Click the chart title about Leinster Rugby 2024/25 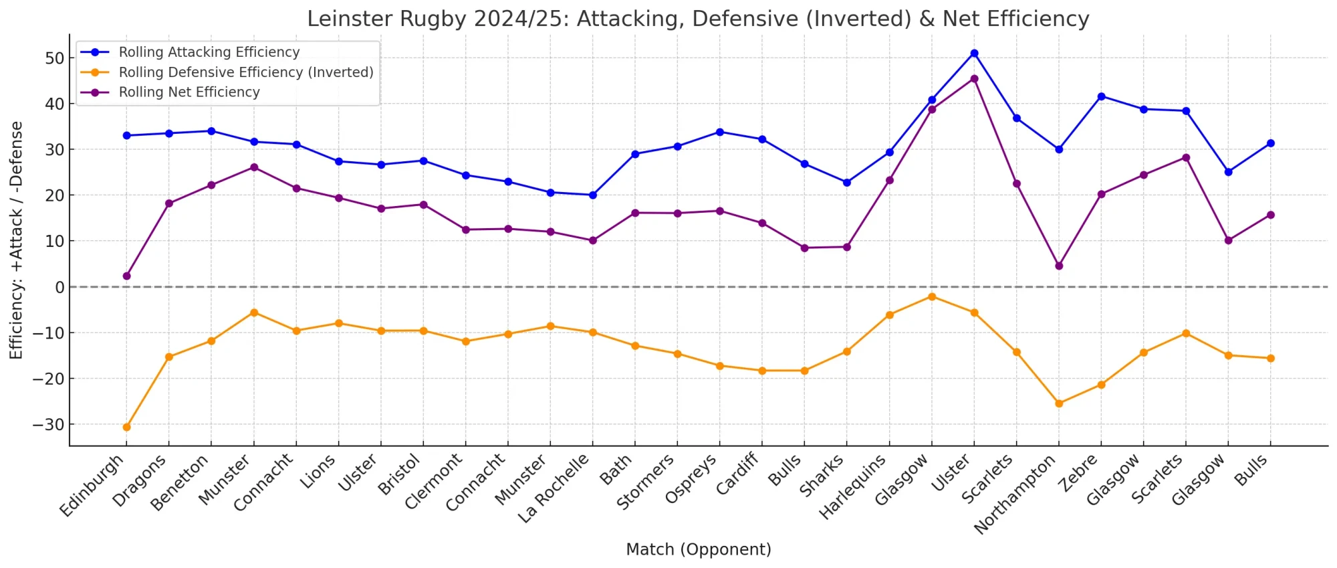coord(698,19)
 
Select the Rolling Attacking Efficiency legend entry coord(209,52)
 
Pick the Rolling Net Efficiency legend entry coord(189,92)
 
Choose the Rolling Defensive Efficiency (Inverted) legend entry coord(246,72)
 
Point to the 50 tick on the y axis coord(55,58)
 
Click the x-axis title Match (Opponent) coord(698,549)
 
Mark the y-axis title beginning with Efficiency coord(16,240)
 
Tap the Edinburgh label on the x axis coord(92,485)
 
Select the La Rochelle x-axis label coord(554,488)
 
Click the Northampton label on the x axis coord(1015,494)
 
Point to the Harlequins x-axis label coord(854,486)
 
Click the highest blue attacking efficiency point coord(974,54)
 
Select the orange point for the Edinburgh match coord(127,427)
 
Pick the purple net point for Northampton coord(1059,266)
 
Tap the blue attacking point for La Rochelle coord(593,195)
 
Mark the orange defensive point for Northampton coord(1059,403)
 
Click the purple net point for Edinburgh coord(127,276)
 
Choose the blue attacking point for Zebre coord(1101,96)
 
